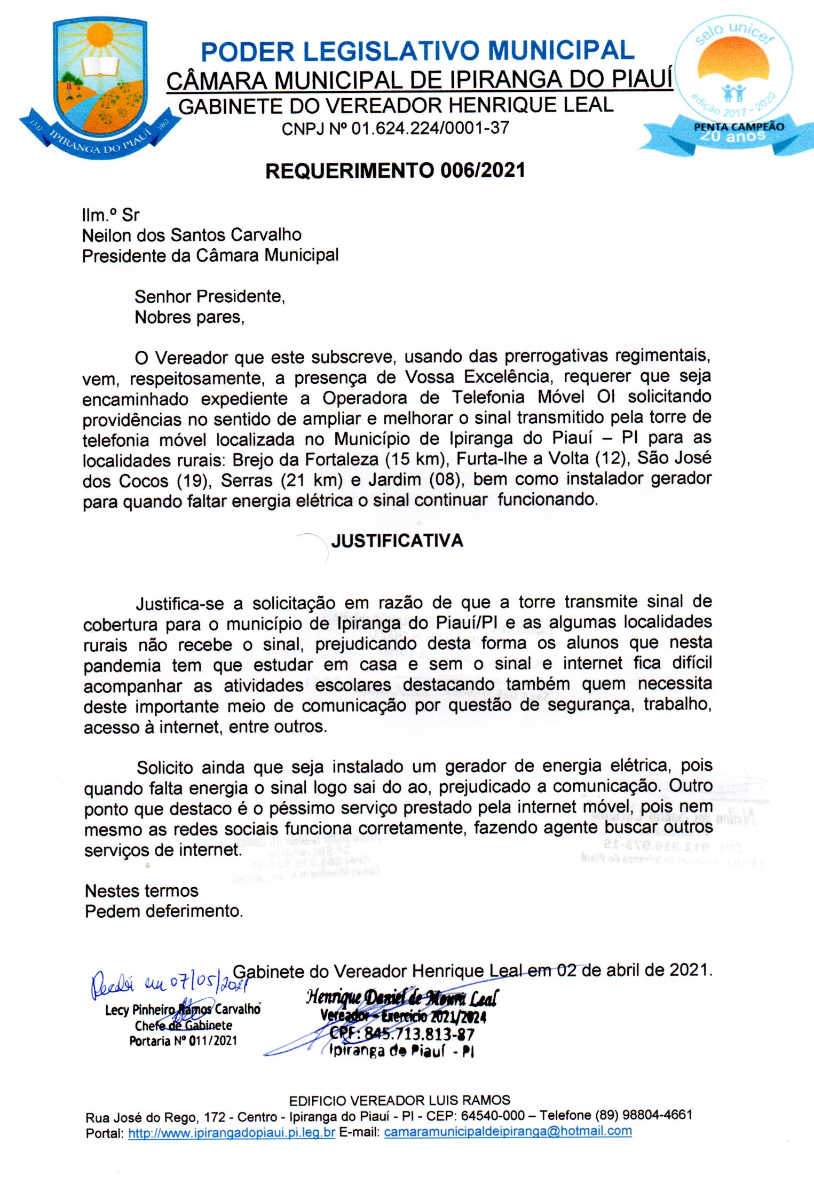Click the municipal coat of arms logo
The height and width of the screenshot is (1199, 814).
coord(99,85)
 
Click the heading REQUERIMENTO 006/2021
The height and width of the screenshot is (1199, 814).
coord(396,171)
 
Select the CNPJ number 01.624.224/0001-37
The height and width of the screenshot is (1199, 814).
coord(430,129)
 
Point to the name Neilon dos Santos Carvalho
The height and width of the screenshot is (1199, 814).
coord(192,235)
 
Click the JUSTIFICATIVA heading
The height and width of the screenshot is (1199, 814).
coord(397,541)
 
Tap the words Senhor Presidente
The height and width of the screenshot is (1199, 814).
coord(209,296)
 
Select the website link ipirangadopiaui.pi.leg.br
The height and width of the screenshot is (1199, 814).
coord(232,1132)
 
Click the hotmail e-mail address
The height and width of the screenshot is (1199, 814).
coord(508,1131)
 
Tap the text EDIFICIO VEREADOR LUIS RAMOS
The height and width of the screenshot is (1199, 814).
coord(399,1100)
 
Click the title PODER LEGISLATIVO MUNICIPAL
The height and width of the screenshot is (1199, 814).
coord(417,52)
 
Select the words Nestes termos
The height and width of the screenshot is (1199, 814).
coord(141,890)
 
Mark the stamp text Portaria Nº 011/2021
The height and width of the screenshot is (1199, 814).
coord(183,1040)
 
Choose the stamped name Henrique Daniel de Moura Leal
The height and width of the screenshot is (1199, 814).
coord(401,997)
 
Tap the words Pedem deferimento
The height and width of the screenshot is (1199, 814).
coord(164,911)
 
